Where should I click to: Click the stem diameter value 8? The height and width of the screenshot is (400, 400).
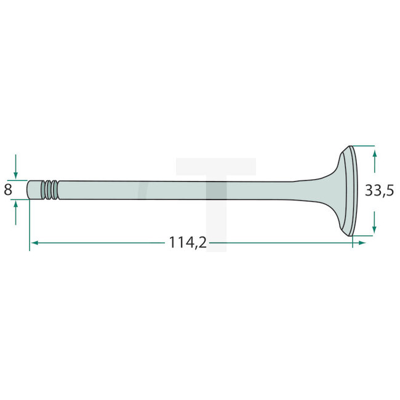click(8, 190)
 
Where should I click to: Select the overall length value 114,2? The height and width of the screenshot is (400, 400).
click(187, 243)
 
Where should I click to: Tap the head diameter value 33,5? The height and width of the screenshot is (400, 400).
click(379, 191)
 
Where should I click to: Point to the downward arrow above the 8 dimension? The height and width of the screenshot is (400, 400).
click(16, 167)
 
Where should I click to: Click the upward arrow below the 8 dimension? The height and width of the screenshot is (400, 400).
click(16, 212)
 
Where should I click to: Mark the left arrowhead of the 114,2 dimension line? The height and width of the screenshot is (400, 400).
click(34, 243)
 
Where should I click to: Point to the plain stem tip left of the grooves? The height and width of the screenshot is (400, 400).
click(35, 190)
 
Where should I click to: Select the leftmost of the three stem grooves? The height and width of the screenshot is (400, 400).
click(44, 190)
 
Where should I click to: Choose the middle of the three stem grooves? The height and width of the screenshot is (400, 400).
click(49, 190)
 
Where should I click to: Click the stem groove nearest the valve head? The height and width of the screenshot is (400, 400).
click(55, 190)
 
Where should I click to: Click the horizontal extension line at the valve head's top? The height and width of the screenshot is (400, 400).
click(363, 146)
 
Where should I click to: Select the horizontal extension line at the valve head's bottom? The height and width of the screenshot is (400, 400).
click(363, 235)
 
